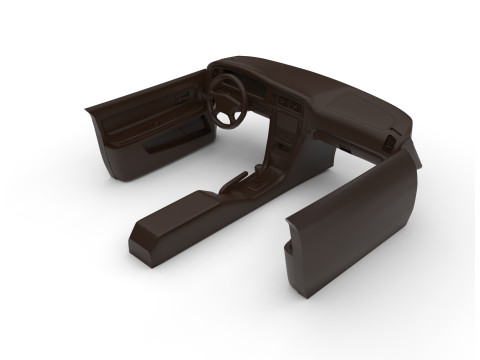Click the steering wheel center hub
tap(229, 99)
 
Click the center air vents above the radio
tap(289, 102)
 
